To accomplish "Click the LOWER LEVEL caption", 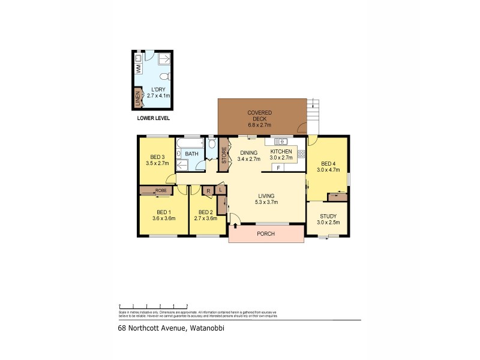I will (x=153, y=118).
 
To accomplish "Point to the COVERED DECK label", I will (x=260, y=119).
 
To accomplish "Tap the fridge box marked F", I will (x=278, y=167).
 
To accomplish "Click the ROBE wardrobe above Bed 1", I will (x=155, y=191).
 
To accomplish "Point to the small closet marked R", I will (x=208, y=191).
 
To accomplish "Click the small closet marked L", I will (x=221, y=190).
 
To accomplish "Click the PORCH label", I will (x=265, y=234).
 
